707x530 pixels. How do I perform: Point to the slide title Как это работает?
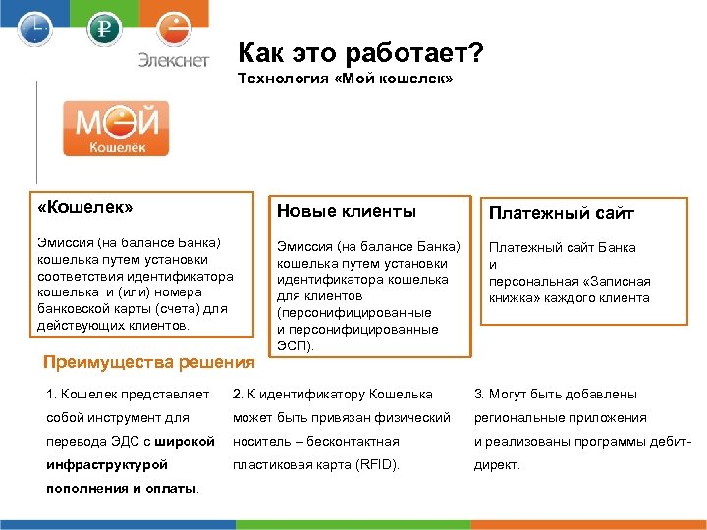(x=360, y=52)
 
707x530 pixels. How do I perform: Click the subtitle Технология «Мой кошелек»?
(x=346, y=79)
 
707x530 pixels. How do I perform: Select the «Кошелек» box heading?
(x=85, y=208)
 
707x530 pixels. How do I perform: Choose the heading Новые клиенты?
(x=347, y=211)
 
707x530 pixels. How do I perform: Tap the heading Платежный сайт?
(x=562, y=213)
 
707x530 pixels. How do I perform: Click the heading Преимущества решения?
(x=149, y=362)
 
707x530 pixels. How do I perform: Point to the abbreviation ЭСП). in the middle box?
(x=296, y=345)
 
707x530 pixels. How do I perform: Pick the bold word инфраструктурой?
(x=107, y=464)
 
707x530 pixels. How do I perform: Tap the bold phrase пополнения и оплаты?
(x=122, y=488)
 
